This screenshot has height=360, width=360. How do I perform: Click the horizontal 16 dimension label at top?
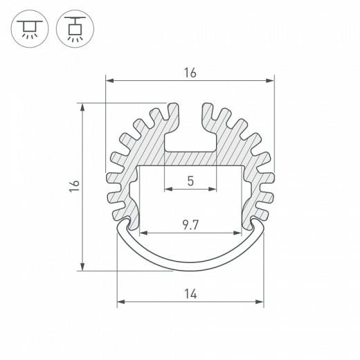[x=190, y=73]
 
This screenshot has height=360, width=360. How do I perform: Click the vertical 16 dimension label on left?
[x=74, y=186]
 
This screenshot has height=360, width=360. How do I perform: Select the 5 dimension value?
[x=190, y=181]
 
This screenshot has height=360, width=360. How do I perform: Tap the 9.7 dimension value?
[x=190, y=225]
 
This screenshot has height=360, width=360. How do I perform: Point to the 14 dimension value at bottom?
[x=190, y=294]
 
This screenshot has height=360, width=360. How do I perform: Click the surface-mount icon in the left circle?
[x=30, y=28]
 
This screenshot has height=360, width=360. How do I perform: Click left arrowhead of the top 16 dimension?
[x=109, y=80]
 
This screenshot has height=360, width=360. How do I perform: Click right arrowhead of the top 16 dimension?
[x=270, y=80]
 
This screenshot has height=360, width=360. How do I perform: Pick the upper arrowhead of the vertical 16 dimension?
[x=82, y=107]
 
